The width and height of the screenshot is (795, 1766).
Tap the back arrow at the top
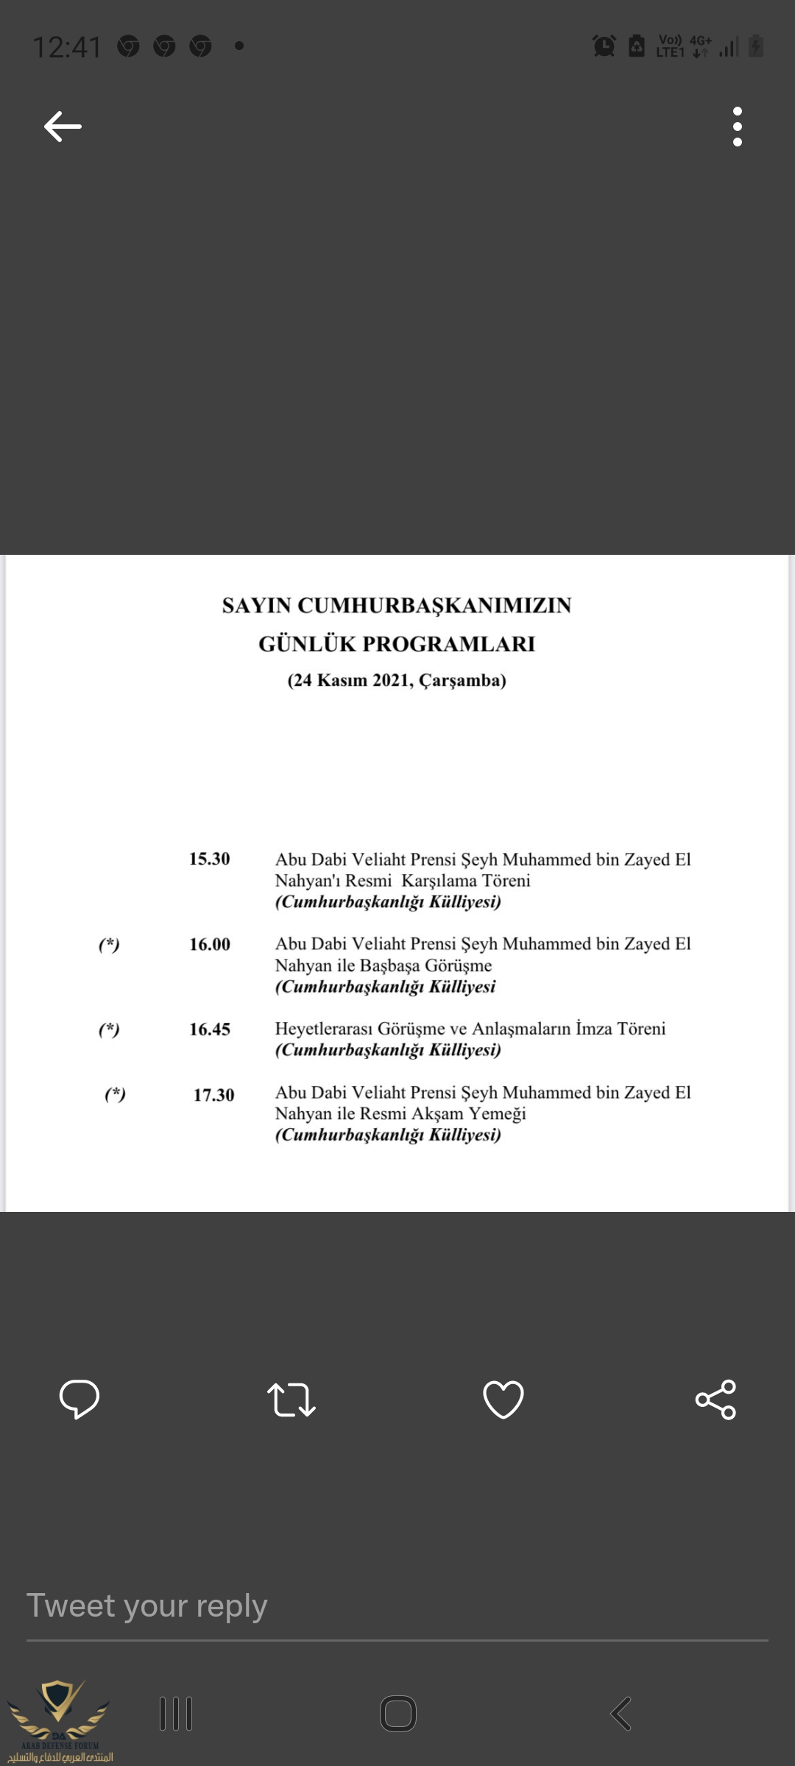(63, 127)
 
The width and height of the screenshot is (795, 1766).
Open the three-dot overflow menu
(737, 127)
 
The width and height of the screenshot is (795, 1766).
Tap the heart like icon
(504, 1399)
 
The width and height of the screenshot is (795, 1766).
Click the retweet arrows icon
(291, 1400)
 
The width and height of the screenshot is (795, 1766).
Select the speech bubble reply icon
(79, 1399)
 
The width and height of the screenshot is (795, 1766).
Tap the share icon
(715, 1399)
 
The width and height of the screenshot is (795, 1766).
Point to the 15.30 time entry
(210, 859)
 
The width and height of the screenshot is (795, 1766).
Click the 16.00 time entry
(210, 944)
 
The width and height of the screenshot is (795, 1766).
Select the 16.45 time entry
(210, 1029)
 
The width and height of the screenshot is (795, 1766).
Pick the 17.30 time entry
(213, 1095)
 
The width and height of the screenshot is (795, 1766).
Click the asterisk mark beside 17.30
(115, 1094)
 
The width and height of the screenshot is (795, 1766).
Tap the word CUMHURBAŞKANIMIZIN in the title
(434, 606)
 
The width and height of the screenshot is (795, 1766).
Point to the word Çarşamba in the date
(462, 680)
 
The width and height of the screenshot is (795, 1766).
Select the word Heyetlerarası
(324, 1029)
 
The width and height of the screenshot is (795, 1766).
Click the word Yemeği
(498, 1113)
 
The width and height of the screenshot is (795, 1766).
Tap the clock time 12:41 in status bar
(67, 47)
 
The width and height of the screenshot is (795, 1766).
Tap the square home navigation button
(398, 1714)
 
